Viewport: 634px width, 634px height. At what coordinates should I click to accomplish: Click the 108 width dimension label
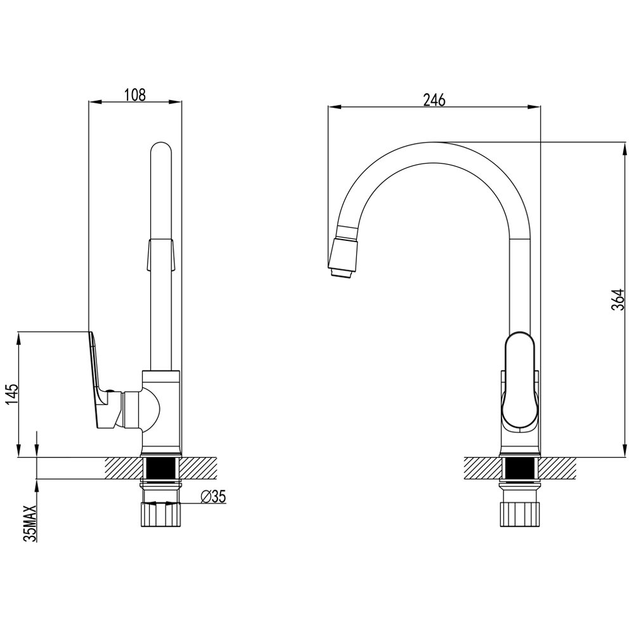(x=134, y=94)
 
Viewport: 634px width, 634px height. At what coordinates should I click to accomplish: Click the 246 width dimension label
(x=434, y=100)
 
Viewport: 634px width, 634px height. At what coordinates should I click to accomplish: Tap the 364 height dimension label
(x=618, y=300)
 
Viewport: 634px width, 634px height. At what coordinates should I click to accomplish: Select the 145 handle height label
(x=13, y=394)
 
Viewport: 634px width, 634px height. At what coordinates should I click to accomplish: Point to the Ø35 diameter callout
(x=212, y=496)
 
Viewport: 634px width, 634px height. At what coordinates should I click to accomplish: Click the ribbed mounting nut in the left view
(x=160, y=514)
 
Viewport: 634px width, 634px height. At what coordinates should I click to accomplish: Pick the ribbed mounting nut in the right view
(x=519, y=514)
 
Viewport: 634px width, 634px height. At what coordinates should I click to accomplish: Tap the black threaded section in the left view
(x=160, y=469)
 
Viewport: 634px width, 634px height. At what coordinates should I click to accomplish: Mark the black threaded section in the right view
(x=519, y=469)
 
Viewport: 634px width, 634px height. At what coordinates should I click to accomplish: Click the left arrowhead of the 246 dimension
(x=334, y=107)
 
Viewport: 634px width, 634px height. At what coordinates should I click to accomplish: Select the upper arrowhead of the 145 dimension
(x=18, y=337)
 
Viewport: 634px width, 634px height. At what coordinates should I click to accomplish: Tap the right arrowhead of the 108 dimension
(x=176, y=101)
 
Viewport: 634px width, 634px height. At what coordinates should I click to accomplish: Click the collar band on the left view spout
(x=161, y=254)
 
